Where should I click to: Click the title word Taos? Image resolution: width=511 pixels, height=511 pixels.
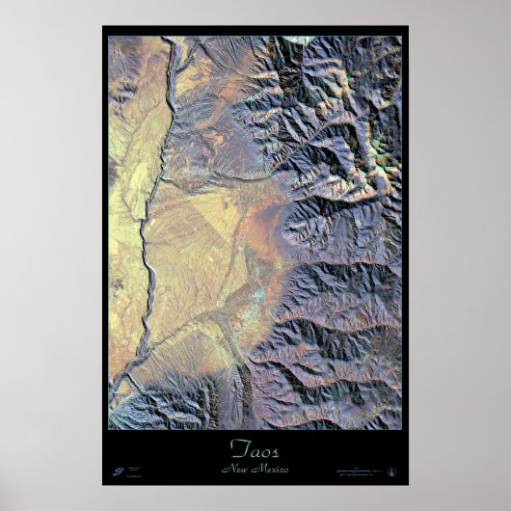[x=255, y=447]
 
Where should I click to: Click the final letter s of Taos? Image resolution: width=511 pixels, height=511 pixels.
[x=275, y=448]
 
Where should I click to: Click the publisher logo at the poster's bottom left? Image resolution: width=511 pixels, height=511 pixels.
[x=117, y=471]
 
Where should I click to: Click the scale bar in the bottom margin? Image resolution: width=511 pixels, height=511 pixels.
[x=363, y=471]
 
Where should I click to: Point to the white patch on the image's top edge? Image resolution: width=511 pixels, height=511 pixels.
[x=300, y=40]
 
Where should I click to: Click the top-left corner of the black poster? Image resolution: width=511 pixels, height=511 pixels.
[x=103, y=27]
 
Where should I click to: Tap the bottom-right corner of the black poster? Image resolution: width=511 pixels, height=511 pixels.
[x=408, y=484]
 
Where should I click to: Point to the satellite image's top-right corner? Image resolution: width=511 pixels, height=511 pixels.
[x=401, y=37]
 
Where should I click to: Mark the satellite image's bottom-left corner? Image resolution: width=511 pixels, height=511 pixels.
[x=109, y=429]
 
